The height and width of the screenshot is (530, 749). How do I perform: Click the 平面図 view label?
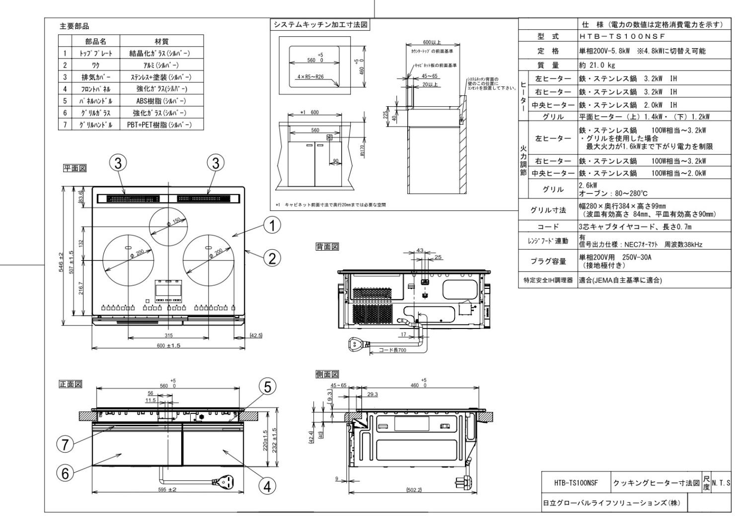(x=74, y=169)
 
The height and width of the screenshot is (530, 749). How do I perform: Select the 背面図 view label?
(x=327, y=247)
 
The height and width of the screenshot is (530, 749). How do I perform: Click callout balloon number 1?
(x=272, y=226)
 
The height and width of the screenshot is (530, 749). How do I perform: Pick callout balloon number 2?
(x=272, y=258)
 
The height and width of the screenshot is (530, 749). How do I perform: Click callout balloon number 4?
(x=268, y=487)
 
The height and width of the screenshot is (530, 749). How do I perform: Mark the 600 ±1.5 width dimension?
(x=168, y=345)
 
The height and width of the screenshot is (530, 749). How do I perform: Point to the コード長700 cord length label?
(x=392, y=350)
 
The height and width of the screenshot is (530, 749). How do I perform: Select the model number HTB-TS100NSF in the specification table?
(x=621, y=36)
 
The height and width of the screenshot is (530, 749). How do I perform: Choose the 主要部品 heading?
(x=74, y=26)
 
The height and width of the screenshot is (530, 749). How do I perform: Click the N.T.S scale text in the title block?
(x=721, y=482)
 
